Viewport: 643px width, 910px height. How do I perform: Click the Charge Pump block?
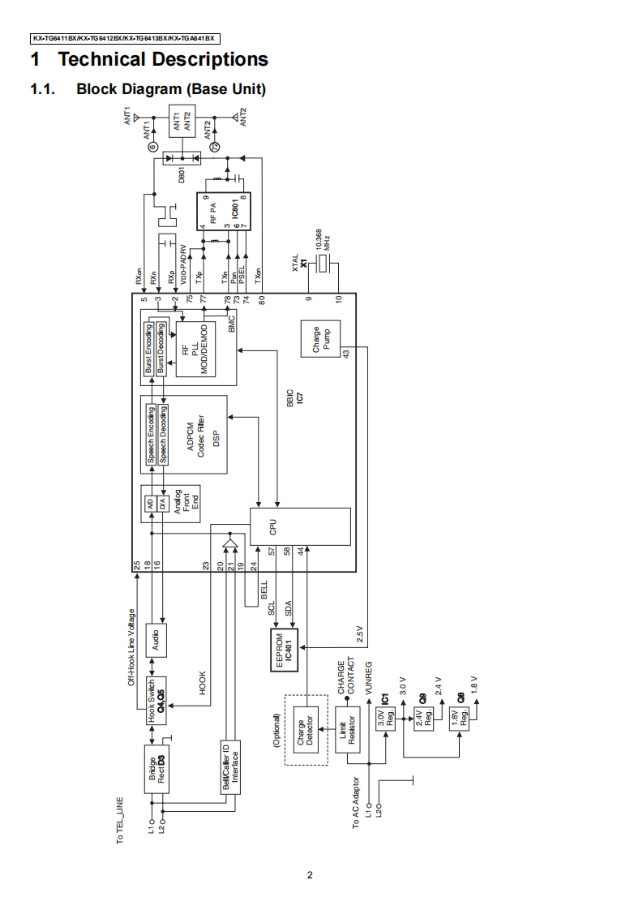pyautogui.click(x=320, y=339)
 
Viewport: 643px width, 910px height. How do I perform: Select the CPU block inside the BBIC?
pyautogui.click(x=300, y=526)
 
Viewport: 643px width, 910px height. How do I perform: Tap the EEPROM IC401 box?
pyautogui.click(x=284, y=650)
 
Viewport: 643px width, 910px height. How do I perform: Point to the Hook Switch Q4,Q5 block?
pyautogui.click(x=156, y=699)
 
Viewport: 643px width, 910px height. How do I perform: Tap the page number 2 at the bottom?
pyautogui.click(x=310, y=875)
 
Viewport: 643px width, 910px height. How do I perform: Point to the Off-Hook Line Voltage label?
pyautogui.click(x=132, y=646)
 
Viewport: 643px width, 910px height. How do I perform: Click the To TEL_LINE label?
pyautogui.click(x=120, y=821)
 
